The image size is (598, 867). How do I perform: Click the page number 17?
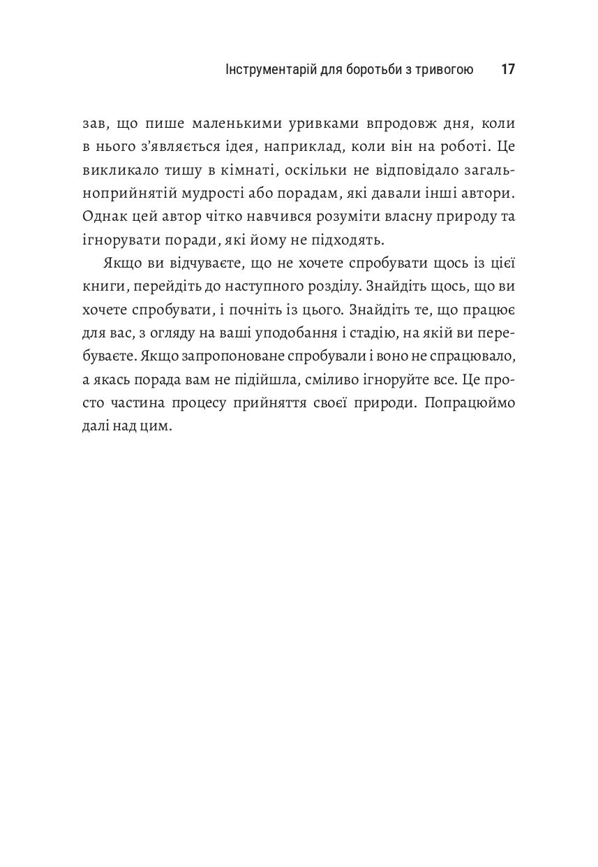[x=508, y=70]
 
